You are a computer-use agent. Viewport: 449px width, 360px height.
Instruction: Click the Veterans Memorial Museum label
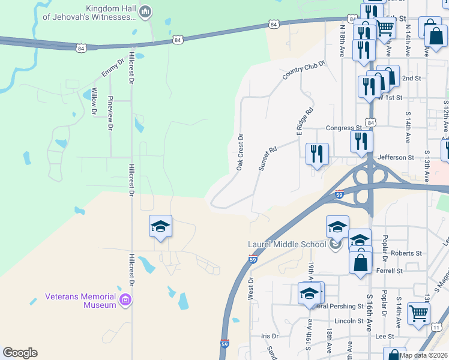click(80, 301)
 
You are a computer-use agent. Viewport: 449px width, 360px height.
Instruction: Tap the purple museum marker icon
click(125, 300)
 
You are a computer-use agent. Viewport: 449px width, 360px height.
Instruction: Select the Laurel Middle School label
click(288, 244)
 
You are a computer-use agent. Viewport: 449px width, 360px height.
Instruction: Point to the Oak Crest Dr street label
click(239, 152)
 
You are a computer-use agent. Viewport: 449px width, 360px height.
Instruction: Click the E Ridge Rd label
click(305, 121)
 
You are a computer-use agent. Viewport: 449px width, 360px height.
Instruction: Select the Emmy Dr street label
click(112, 67)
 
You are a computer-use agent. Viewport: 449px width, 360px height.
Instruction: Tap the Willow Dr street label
click(94, 101)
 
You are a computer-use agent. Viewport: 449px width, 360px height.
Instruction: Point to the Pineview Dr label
click(110, 113)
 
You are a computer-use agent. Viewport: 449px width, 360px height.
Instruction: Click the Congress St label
click(344, 128)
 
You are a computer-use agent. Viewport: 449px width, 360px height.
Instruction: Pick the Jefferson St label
click(396, 157)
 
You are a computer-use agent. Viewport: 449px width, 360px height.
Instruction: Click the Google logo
click(20, 353)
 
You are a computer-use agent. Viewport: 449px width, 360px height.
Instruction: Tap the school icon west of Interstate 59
click(160, 226)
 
